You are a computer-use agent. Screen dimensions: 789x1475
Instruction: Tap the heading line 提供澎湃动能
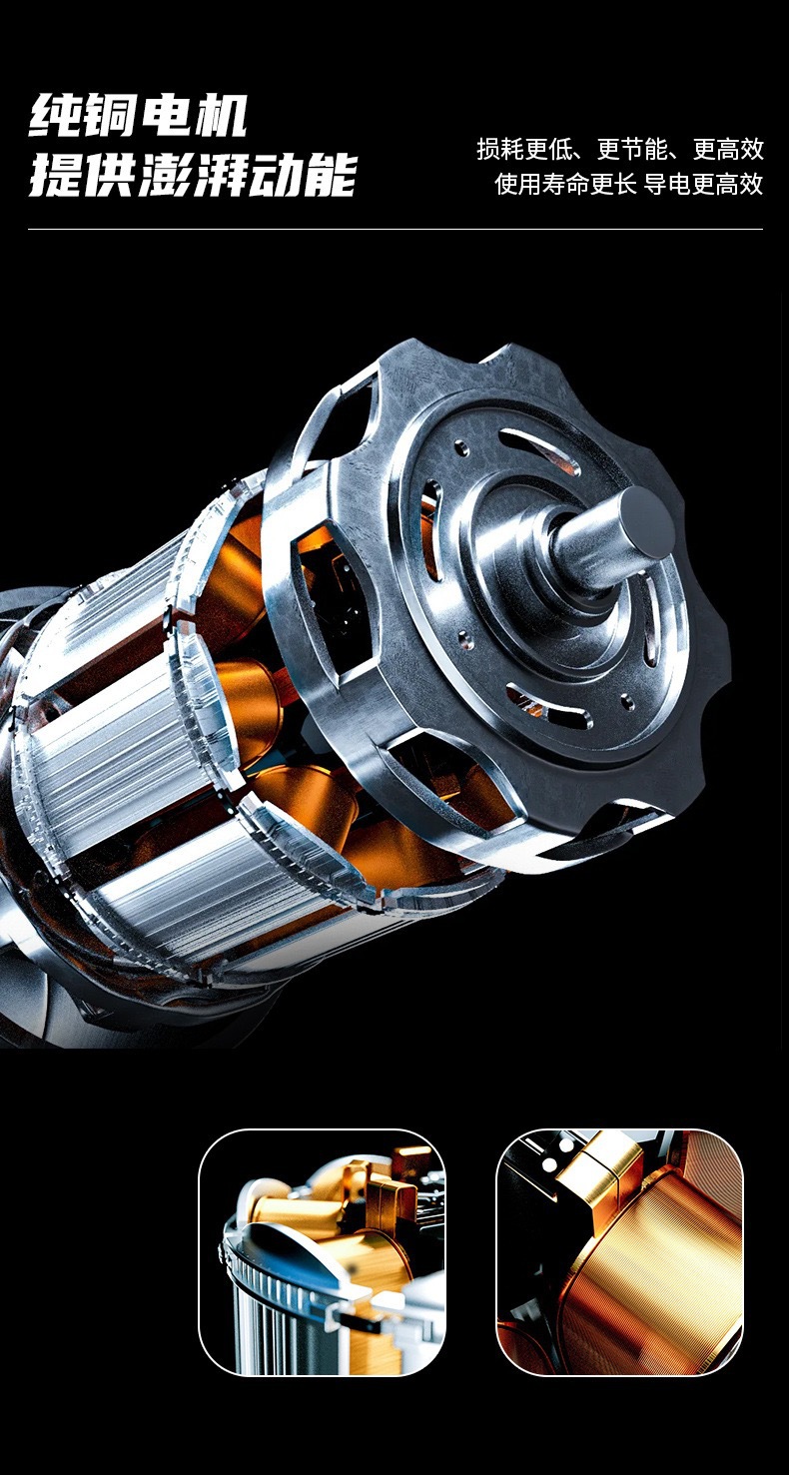[193, 175]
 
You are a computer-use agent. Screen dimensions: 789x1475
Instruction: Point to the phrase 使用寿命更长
[565, 184]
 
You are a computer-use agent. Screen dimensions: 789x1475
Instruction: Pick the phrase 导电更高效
[703, 184]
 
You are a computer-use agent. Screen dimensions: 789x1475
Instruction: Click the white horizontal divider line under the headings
[395, 229]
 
